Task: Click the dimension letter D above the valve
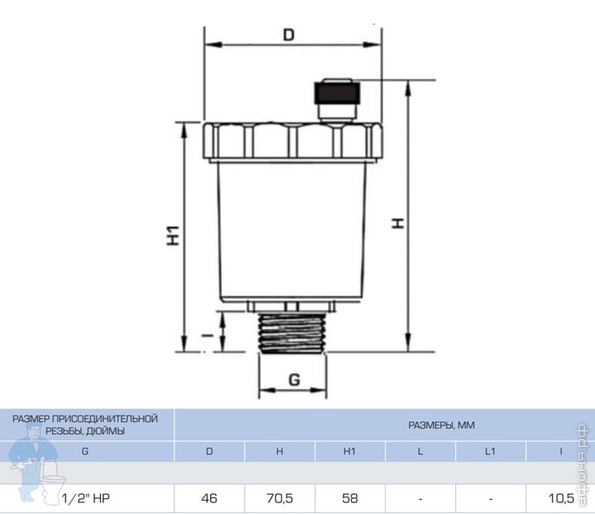[x=288, y=35]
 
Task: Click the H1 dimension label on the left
[x=173, y=236]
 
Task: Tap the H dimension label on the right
[x=397, y=223]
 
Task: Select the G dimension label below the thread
[x=294, y=379]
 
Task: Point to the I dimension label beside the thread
[x=207, y=336]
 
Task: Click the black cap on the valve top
[x=337, y=93]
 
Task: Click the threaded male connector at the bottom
[x=292, y=333]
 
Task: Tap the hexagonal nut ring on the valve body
[x=293, y=140]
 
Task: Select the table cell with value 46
[x=209, y=498]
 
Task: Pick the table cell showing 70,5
[x=279, y=498]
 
